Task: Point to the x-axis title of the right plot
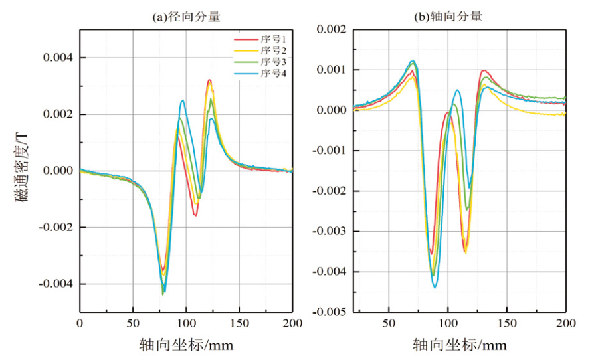460,345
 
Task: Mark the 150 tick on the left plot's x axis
239,323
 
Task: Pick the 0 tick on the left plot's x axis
80,323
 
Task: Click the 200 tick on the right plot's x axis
565,323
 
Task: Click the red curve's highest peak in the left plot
209,80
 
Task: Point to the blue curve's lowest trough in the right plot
435,287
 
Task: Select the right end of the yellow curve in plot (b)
565,115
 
